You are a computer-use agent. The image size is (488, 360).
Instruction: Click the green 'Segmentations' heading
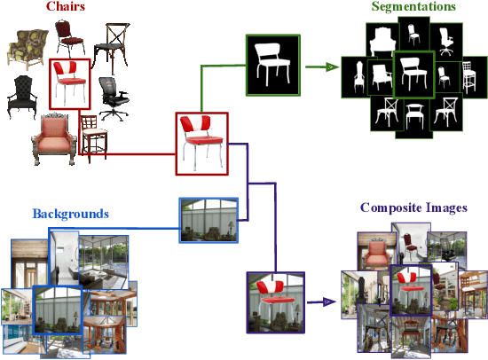(x=413, y=7)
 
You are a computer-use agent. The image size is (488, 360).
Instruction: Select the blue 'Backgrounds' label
(x=70, y=214)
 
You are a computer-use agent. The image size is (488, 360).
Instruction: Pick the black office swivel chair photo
(x=110, y=98)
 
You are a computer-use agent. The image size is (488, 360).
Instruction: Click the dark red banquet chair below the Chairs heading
(x=67, y=36)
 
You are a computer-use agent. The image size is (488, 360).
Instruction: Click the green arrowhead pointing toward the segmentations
(x=335, y=66)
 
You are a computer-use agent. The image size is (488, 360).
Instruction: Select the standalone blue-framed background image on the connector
(x=209, y=220)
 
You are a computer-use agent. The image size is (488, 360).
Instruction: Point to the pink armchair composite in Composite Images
(x=375, y=254)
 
